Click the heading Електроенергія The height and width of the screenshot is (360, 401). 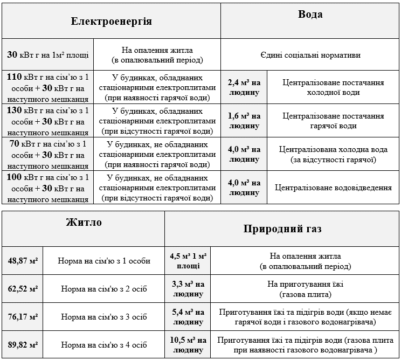[112, 22]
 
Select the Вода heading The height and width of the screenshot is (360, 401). [310, 15]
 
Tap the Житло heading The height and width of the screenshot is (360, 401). [84, 222]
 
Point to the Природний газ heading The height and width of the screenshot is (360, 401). [282, 229]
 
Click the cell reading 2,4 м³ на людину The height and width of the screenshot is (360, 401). [244, 87]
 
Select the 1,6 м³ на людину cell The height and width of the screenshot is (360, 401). [244, 121]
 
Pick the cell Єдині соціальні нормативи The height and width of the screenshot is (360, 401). [310, 55]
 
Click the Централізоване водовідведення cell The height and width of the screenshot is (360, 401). [333, 188]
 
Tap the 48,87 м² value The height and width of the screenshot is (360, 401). [23, 261]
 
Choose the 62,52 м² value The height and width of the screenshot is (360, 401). [23, 289]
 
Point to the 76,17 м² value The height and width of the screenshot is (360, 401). [23, 317]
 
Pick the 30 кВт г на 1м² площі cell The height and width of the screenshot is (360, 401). [48, 55]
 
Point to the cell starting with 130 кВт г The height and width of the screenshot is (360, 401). [48, 121]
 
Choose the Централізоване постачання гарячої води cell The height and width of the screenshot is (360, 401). [333, 121]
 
